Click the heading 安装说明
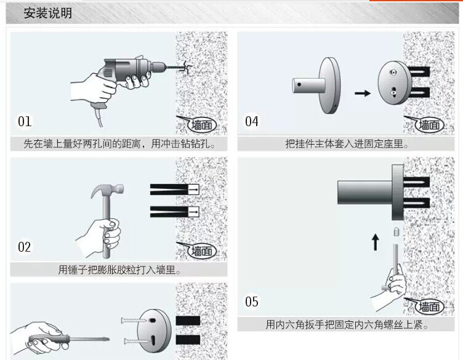point(47,13)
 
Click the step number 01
point(25,122)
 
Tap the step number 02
point(24,247)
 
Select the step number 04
point(252,122)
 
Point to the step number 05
point(252,302)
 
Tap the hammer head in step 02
point(107,190)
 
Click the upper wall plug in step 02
point(174,190)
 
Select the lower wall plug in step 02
point(174,212)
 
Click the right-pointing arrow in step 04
point(362,94)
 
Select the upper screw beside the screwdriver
point(134,320)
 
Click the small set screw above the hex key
point(397,232)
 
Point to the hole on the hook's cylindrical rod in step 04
point(299,84)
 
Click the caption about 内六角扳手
point(347,324)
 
